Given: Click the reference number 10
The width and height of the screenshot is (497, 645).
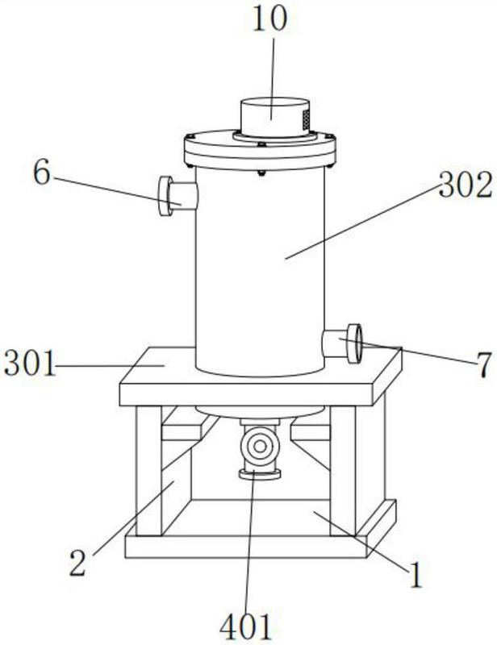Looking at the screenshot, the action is (x=269, y=19).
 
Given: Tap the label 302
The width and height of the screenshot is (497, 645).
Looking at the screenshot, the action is (x=466, y=185).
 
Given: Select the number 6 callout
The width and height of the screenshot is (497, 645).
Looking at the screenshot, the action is (x=42, y=173).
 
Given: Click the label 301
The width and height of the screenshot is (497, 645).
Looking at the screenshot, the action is (x=30, y=363).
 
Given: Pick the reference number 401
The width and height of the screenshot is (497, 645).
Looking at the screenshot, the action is (x=246, y=627).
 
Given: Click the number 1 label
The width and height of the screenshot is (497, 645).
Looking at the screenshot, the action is (x=416, y=575).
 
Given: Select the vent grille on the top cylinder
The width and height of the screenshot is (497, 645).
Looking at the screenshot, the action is (x=306, y=119).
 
